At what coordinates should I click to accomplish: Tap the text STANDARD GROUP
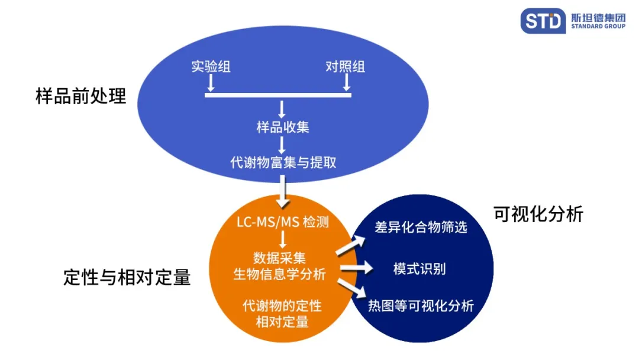(x=598, y=26)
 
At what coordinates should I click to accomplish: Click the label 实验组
(x=211, y=66)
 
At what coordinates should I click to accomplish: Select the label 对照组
(x=345, y=66)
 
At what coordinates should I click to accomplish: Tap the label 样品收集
(x=282, y=127)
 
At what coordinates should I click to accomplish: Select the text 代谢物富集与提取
(x=283, y=162)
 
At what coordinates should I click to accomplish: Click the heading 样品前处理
(x=81, y=97)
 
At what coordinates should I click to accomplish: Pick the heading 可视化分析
(x=538, y=214)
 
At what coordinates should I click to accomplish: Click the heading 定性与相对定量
(x=127, y=277)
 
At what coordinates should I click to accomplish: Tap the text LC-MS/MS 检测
(x=282, y=223)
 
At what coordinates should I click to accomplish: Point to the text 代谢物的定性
(x=282, y=306)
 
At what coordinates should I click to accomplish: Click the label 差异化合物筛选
(x=421, y=227)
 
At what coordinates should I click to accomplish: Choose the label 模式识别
(x=419, y=269)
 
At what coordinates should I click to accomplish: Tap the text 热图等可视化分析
(x=421, y=306)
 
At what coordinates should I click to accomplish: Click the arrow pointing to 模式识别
(x=356, y=269)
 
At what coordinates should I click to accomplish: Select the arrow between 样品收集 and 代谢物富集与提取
(x=282, y=144)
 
